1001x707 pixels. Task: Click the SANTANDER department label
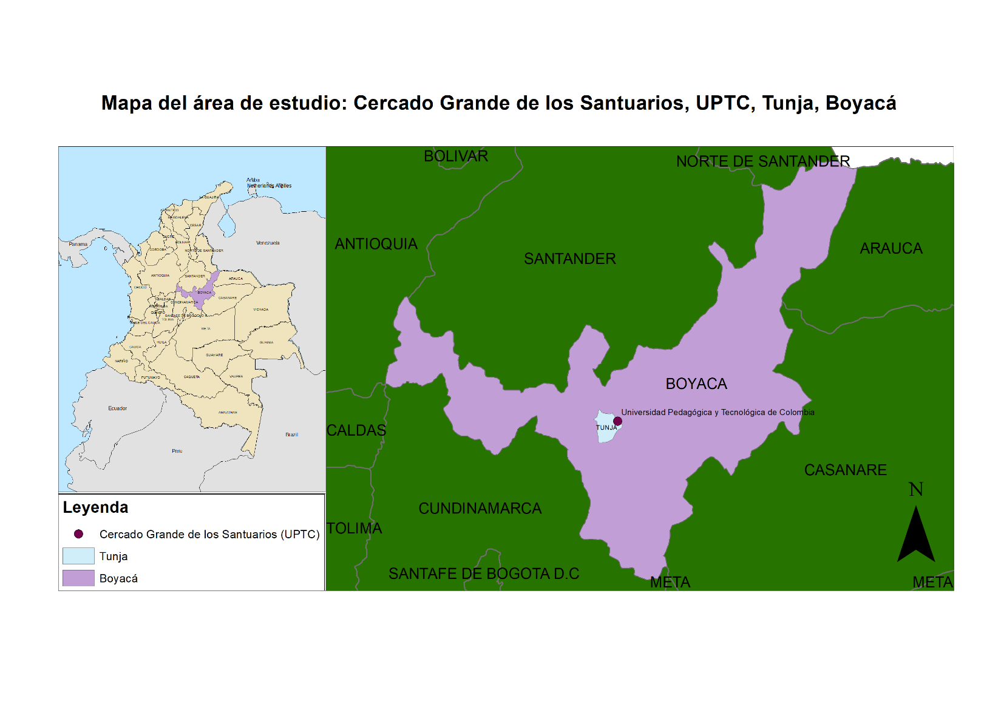point(569,259)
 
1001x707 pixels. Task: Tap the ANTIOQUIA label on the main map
point(376,244)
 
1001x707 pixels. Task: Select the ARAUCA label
point(891,248)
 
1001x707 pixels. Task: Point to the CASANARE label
point(845,470)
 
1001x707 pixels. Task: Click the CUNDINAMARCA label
point(480,509)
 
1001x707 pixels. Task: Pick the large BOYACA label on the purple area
point(696,384)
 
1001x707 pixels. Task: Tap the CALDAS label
point(356,430)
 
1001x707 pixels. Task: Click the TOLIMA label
point(355,529)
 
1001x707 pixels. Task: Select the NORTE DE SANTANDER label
point(762,161)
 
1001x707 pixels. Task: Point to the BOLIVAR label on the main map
point(455,156)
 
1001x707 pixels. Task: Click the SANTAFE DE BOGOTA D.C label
point(484,573)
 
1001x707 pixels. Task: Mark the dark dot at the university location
point(617,421)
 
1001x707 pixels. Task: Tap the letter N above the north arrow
point(915,489)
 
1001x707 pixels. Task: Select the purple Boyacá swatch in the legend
point(78,578)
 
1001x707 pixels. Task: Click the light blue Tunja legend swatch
point(78,556)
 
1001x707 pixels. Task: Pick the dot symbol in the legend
point(78,534)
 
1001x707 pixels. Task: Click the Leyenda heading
point(95,507)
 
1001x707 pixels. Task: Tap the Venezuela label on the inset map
point(268,243)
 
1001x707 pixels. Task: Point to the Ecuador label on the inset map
point(118,408)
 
